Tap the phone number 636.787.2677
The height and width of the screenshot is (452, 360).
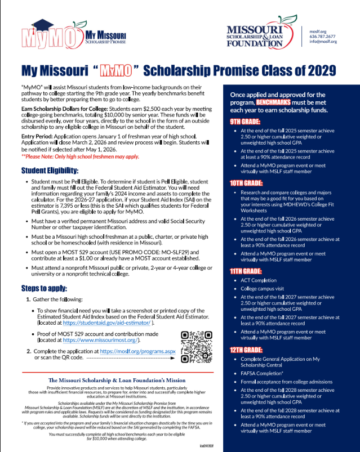point(322,36)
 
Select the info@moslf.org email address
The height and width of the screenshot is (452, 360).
point(322,42)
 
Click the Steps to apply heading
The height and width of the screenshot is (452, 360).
point(45,289)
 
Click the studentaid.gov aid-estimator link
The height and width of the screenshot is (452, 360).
point(113,323)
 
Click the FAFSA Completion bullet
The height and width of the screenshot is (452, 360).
point(264,374)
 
